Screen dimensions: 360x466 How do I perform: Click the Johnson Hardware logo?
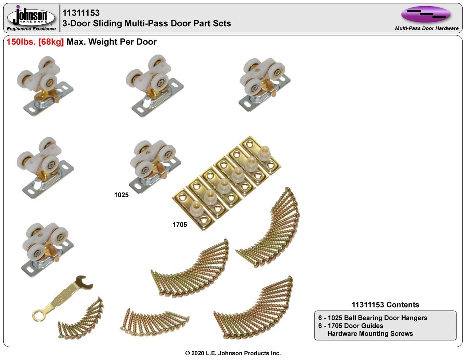click(x=31, y=16)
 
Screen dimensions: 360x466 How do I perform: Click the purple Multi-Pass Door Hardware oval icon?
click(x=426, y=14)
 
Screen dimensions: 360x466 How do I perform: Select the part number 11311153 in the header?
click(x=81, y=13)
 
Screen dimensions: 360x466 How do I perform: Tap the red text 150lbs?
click(x=21, y=42)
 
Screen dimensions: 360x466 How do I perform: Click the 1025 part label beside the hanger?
click(x=121, y=195)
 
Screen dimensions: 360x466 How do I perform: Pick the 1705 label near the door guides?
click(x=180, y=225)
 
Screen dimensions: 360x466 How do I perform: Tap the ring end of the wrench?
click(x=38, y=314)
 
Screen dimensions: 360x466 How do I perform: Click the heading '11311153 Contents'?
click(x=385, y=305)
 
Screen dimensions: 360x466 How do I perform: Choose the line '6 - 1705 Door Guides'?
click(x=351, y=325)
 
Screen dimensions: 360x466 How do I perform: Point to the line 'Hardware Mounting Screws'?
click(x=370, y=333)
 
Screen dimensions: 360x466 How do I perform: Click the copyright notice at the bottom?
click(x=233, y=353)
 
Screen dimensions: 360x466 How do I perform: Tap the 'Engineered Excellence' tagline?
click(x=31, y=29)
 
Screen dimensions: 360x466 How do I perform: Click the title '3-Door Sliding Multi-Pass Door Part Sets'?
click(x=147, y=24)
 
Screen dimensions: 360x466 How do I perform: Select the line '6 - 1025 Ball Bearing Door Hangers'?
click(x=372, y=318)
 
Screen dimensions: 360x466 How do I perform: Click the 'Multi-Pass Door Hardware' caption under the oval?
click(x=427, y=28)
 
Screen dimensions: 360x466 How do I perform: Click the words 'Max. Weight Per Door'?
click(x=111, y=42)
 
